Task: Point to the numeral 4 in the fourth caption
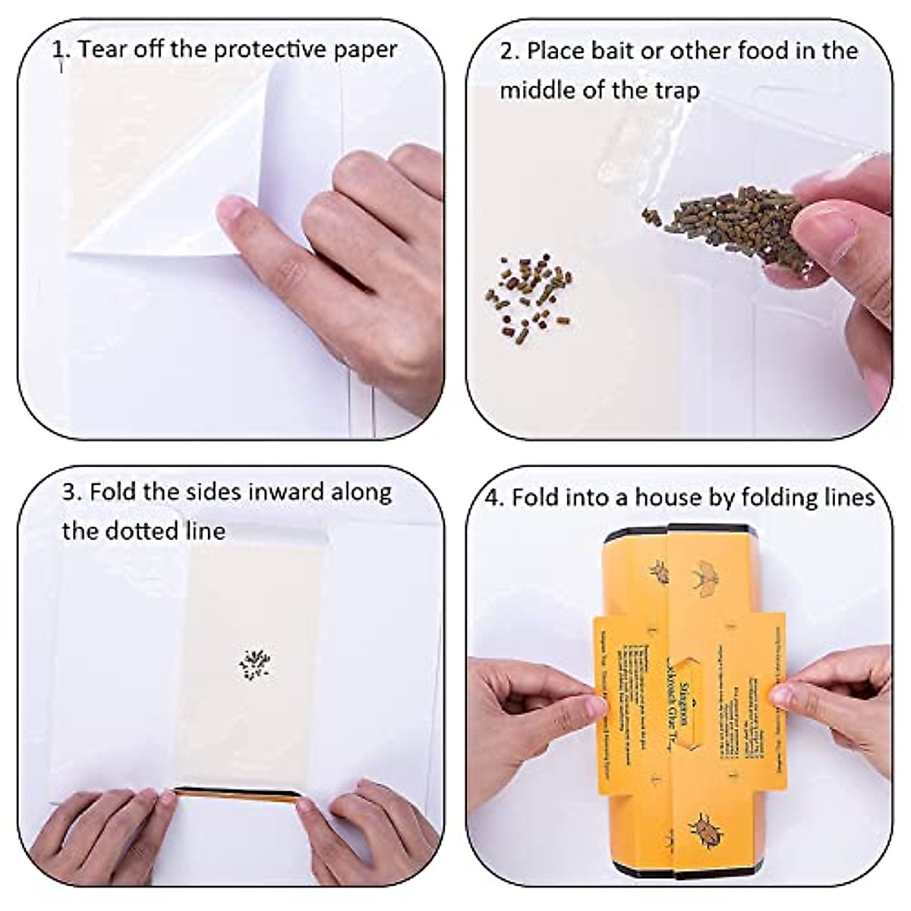click(493, 498)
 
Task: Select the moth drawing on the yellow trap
click(707, 574)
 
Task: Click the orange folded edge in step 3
click(235, 792)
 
